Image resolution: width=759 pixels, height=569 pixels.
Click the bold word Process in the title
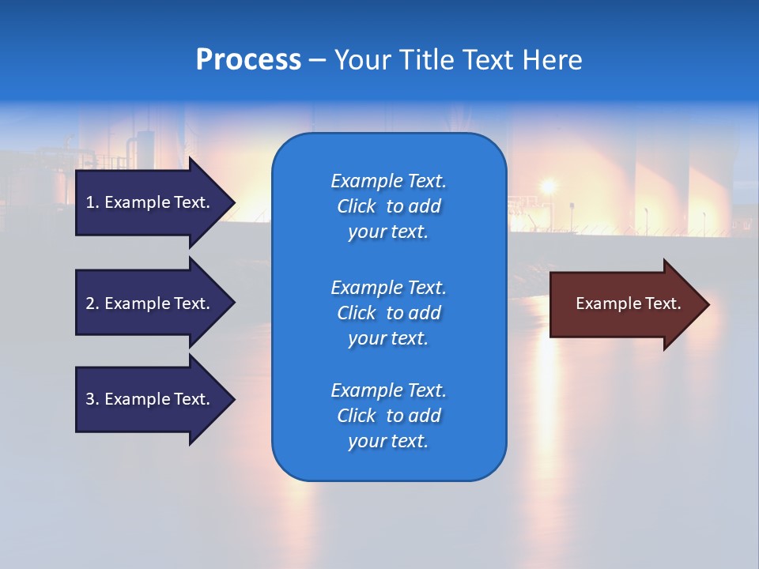pyautogui.click(x=248, y=60)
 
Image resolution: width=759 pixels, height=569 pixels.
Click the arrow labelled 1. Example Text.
pyautogui.click(x=150, y=202)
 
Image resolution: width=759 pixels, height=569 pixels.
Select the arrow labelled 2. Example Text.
pyautogui.click(x=150, y=303)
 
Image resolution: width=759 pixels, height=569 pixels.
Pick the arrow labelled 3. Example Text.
pyautogui.click(x=150, y=399)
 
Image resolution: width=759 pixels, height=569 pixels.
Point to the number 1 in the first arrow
pyautogui.click(x=90, y=202)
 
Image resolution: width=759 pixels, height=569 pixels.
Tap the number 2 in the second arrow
pyautogui.click(x=90, y=303)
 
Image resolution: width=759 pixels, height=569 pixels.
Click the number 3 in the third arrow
pyautogui.click(x=90, y=399)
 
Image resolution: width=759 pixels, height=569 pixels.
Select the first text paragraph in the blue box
pyautogui.click(x=388, y=206)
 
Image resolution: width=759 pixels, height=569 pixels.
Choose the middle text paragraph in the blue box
pyautogui.click(x=388, y=313)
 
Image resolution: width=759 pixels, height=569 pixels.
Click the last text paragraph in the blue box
pyautogui.click(x=388, y=416)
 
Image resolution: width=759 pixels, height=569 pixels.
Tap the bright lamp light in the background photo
pyautogui.click(x=547, y=187)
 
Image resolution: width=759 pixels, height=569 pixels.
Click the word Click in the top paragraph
pyautogui.click(x=357, y=206)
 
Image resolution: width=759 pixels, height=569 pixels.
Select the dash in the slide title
pyautogui.click(x=318, y=60)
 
